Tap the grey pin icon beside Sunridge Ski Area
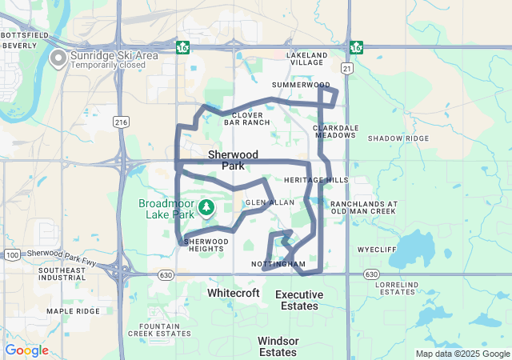58,58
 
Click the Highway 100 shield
12,254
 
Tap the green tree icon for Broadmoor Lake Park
207,208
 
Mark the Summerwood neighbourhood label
301,84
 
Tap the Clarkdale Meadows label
334,131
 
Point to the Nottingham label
278,263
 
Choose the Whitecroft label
234,294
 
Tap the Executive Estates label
299,300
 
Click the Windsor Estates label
278,346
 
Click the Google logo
27,350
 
